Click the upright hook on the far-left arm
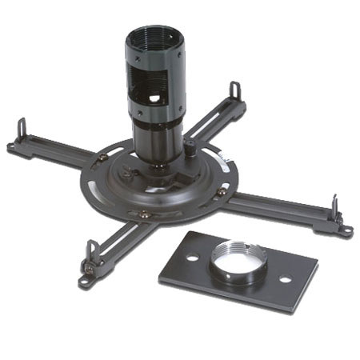[22, 128]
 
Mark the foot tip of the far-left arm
[10, 147]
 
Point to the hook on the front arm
[92, 252]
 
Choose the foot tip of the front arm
[82, 282]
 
